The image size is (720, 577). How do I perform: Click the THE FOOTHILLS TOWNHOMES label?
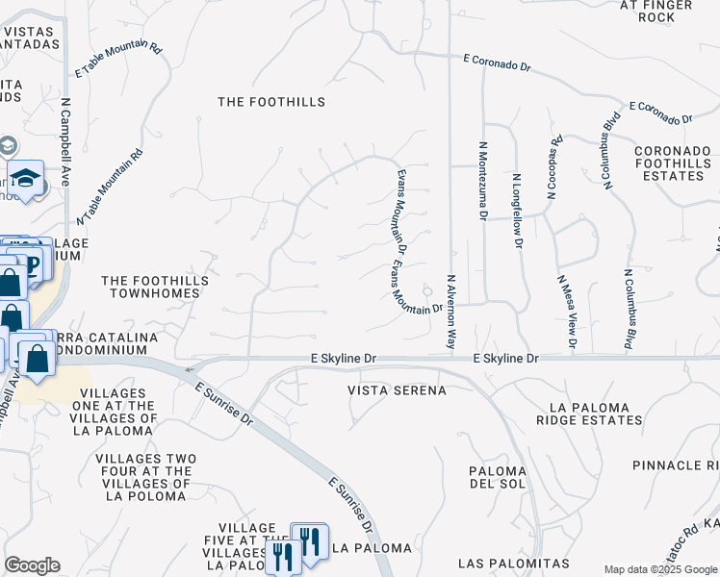coord(155,288)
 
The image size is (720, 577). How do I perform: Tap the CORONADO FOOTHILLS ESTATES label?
coord(672,163)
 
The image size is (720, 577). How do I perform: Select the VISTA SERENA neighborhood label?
coord(398,390)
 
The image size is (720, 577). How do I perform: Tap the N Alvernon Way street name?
coord(450,311)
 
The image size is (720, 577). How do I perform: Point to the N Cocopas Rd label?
coord(553,166)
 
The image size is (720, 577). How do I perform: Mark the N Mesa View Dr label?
coord(565,311)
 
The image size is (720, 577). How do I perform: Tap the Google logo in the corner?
coord(32,565)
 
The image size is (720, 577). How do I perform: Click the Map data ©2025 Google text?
coord(659,569)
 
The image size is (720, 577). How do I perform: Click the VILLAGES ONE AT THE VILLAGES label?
coord(115,412)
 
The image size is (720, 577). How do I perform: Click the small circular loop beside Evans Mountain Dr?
coord(427,291)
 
